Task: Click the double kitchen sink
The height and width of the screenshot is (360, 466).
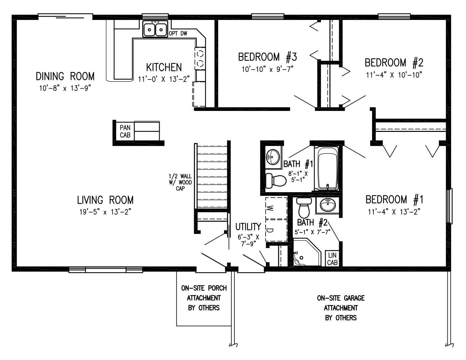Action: tap(155, 29)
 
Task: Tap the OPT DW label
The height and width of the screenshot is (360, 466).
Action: tap(178, 34)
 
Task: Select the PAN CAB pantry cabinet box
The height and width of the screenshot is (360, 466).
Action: tap(125, 131)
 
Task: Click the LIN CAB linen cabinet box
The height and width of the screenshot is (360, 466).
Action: tap(332, 259)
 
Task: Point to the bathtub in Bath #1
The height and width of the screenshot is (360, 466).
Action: tap(328, 169)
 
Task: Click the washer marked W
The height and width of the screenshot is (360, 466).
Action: tap(276, 208)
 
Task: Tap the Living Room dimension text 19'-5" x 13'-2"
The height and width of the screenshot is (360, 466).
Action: tap(105, 212)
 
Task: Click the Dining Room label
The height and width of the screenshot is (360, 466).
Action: tap(65, 76)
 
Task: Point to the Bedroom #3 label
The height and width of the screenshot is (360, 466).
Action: tap(267, 57)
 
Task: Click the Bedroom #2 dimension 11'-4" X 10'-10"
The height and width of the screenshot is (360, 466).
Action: tap(394, 75)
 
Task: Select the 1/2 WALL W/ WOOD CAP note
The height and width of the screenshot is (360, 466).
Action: tap(180, 182)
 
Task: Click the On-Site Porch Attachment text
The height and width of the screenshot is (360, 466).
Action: tap(204, 298)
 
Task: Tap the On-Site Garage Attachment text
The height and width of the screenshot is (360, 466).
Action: tap(341, 308)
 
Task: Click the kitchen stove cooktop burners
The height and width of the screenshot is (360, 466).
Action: tap(200, 58)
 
